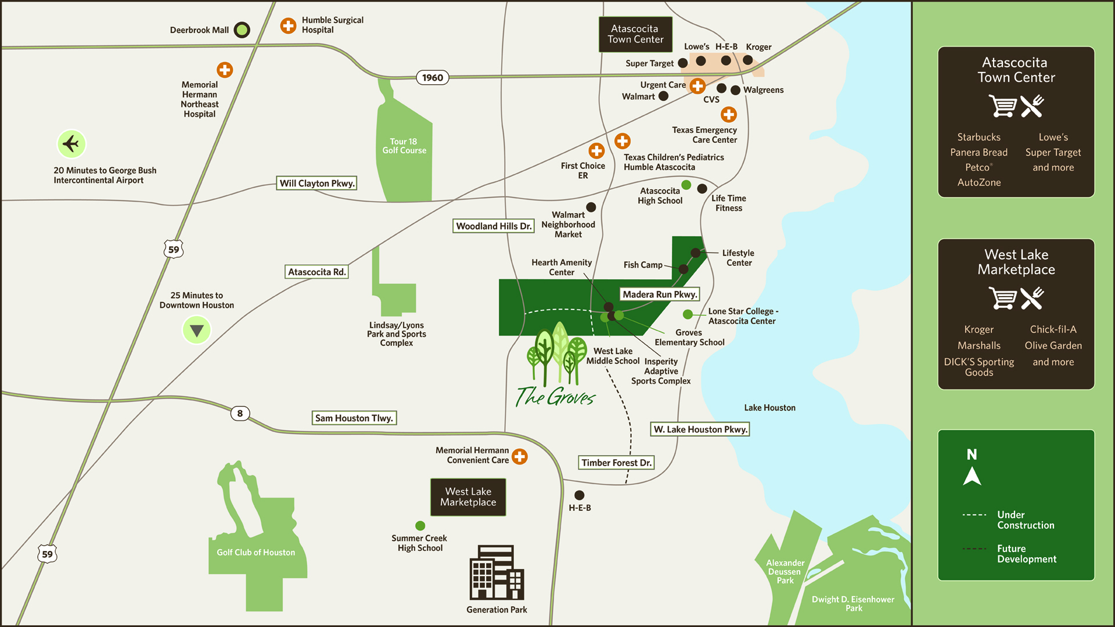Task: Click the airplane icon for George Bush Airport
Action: (x=71, y=143)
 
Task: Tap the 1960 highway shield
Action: (x=433, y=78)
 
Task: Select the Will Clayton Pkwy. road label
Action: (x=316, y=183)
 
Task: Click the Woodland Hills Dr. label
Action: (x=494, y=226)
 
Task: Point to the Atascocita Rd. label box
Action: (x=317, y=272)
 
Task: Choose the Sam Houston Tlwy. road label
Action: (x=354, y=418)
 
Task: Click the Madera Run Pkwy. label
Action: (x=660, y=294)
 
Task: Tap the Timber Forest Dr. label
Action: (x=617, y=463)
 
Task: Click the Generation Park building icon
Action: (x=497, y=572)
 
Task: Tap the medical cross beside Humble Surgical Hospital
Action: (x=288, y=26)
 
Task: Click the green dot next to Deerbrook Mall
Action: (x=242, y=30)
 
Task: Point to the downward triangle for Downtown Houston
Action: (x=197, y=330)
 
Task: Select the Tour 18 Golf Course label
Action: (x=404, y=146)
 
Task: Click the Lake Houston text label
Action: (x=770, y=408)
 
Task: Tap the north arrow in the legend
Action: (x=972, y=476)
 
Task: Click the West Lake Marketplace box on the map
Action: (x=468, y=497)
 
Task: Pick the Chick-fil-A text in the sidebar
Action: (x=1053, y=330)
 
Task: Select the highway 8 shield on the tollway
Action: (x=240, y=413)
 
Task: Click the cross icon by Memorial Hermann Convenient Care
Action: (x=520, y=456)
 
